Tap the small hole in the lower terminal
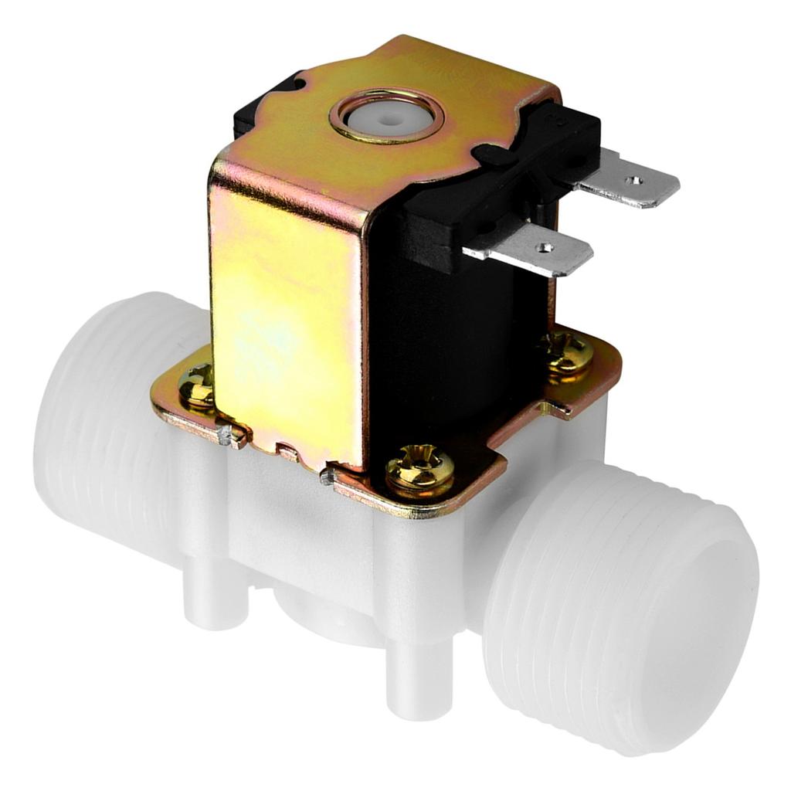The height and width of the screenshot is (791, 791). (x=547, y=248)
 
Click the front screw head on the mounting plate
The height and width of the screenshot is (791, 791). (x=419, y=467)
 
